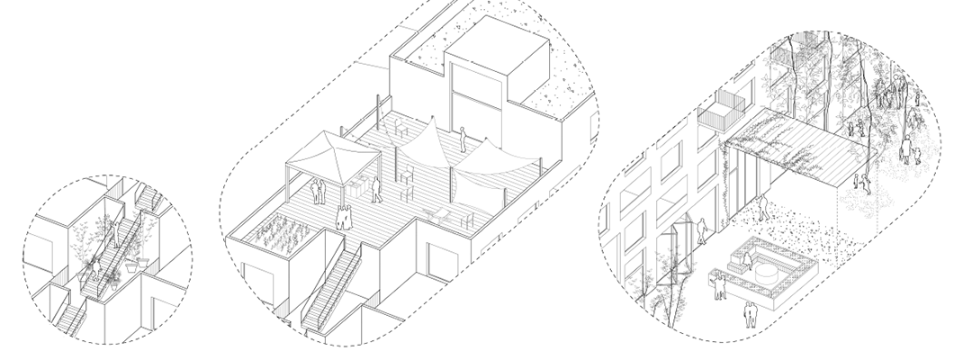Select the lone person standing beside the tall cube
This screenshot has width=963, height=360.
[463, 139]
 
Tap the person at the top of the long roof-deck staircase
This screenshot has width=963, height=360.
[342, 218]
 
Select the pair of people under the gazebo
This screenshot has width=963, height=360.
[318, 192]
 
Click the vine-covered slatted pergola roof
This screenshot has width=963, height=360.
[792, 144]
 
